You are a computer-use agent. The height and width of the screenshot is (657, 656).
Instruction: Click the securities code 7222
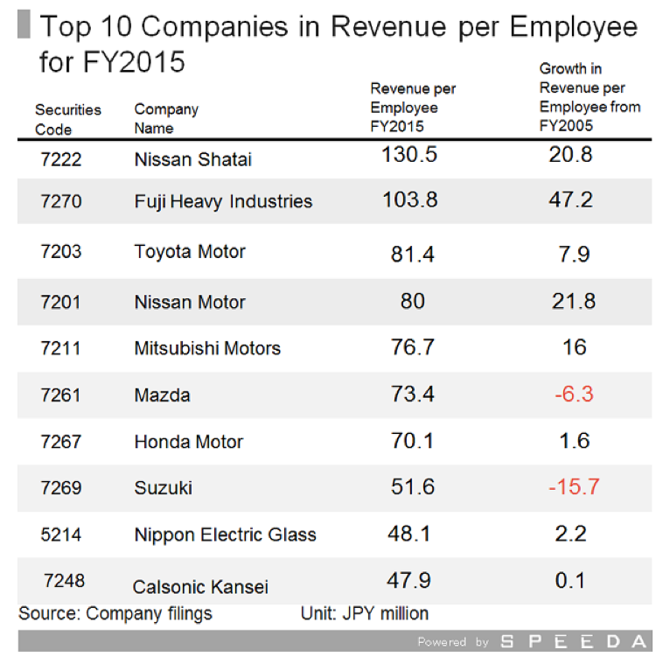[x=61, y=159]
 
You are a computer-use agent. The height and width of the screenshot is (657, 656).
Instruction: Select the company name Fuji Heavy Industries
[x=223, y=201]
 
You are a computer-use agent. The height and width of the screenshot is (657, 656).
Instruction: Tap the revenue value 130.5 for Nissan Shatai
[x=409, y=155]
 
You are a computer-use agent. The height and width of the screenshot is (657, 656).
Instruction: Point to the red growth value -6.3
[x=574, y=395]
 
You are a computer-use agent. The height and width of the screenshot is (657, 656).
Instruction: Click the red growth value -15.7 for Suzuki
[x=574, y=487]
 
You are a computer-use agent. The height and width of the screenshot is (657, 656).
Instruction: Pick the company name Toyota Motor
[x=190, y=252]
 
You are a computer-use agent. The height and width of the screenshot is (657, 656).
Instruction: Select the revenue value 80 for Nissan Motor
[x=412, y=301]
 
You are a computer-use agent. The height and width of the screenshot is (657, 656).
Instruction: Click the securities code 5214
[x=61, y=535]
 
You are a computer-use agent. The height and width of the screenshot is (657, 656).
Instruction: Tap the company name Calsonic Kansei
[x=200, y=587]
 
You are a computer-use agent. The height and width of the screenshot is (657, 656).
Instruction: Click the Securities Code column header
[x=67, y=119]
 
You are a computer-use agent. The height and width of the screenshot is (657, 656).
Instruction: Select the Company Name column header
[x=166, y=119]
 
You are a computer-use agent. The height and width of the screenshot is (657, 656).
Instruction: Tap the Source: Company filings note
[x=115, y=613]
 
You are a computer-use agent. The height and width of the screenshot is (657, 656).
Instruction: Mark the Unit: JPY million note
[x=365, y=613]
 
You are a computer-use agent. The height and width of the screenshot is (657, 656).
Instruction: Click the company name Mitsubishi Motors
[x=207, y=348]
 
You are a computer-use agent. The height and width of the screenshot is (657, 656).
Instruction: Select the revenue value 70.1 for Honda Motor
[x=412, y=441]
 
